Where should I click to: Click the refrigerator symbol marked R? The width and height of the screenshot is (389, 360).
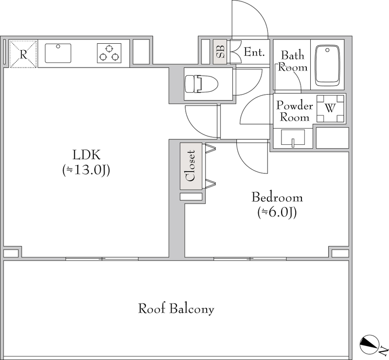pos(23,54)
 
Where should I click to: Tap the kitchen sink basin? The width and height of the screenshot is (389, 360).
pos(58,53)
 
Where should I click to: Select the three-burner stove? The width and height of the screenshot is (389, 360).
pos(109,53)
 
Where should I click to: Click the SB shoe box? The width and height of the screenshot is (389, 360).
pos(220,51)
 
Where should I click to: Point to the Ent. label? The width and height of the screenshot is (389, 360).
pos(254,52)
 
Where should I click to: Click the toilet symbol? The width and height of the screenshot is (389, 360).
pos(201,84)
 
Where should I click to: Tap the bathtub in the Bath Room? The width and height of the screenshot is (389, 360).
pos(327,66)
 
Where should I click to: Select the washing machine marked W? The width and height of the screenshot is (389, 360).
pos(331,109)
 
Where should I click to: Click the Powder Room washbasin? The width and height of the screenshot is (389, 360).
pos(293,137)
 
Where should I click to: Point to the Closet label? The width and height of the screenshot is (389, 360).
pos(191,166)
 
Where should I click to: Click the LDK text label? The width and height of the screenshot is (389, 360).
pos(87,155)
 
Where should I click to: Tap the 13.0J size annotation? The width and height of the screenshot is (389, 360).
pos(86,171)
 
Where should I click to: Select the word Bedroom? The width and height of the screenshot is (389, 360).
pos(277,197)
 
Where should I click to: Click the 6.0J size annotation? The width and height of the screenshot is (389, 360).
pos(277,212)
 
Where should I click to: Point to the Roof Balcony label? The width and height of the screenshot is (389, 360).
pos(176,309)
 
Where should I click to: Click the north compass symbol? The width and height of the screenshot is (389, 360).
pos(370,345)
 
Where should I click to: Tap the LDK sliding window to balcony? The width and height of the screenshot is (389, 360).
pos(102,259)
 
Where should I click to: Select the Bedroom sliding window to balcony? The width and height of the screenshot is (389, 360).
pos(250,259)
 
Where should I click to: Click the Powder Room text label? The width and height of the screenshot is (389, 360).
pos(295,111)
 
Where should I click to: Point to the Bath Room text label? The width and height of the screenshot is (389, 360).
pos(293,61)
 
